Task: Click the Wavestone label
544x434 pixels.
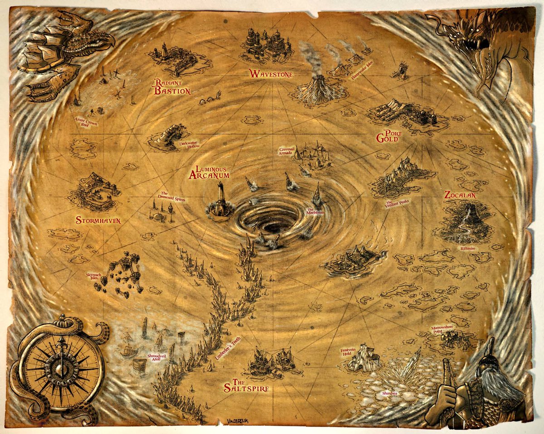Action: click(x=271, y=74)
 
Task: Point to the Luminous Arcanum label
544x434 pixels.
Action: click(x=209, y=172)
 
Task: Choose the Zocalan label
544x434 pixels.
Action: click(x=460, y=195)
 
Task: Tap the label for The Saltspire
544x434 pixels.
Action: click(x=247, y=384)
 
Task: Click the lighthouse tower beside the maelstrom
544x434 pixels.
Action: click(x=221, y=198)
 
